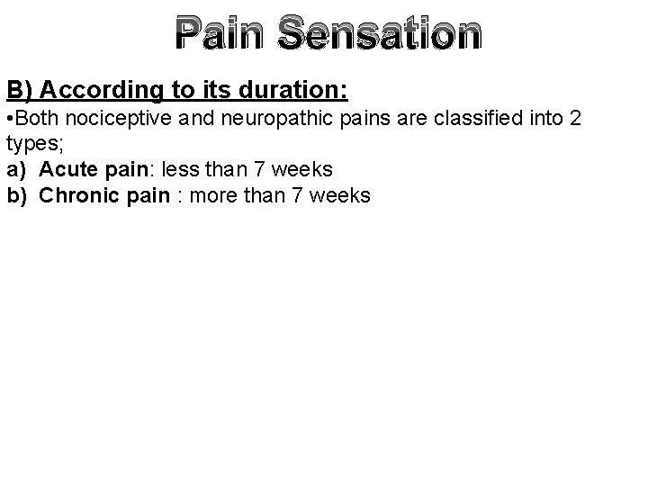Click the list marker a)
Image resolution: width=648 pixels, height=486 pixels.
(15, 169)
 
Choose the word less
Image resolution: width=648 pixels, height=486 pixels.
(181, 169)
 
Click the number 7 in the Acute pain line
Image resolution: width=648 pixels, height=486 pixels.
(248, 169)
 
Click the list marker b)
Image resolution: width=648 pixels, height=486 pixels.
(16, 194)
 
